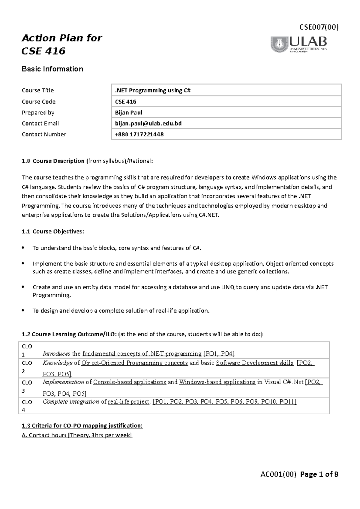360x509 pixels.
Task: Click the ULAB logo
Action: [299, 44]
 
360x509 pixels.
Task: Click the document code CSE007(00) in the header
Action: [319, 27]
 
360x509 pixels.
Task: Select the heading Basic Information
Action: [52, 69]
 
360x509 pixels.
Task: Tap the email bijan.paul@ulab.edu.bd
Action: [148, 123]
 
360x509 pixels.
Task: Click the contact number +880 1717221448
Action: [139, 134]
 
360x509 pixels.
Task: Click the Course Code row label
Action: [39, 102]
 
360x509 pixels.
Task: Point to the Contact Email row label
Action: [40, 123]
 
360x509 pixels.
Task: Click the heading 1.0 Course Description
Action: [53, 161]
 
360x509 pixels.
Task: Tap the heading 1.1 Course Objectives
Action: [53, 231]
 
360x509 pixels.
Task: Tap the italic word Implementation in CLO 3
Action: [63, 382]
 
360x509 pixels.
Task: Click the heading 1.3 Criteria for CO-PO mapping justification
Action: [82, 426]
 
